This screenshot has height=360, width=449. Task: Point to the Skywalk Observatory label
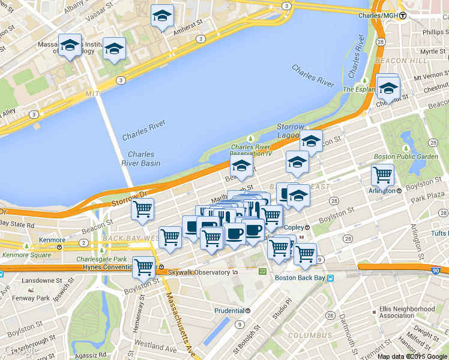click(199, 272)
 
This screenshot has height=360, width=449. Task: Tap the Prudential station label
click(229, 311)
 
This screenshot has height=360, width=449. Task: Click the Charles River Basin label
click(144, 158)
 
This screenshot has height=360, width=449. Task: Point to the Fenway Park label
click(34, 298)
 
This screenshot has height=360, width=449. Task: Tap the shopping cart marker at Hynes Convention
click(143, 267)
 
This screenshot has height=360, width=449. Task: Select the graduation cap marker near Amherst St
click(161, 17)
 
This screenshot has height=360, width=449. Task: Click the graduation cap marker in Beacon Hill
click(388, 88)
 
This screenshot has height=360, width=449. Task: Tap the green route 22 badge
click(262, 272)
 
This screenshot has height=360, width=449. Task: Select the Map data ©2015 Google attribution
click(412, 356)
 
